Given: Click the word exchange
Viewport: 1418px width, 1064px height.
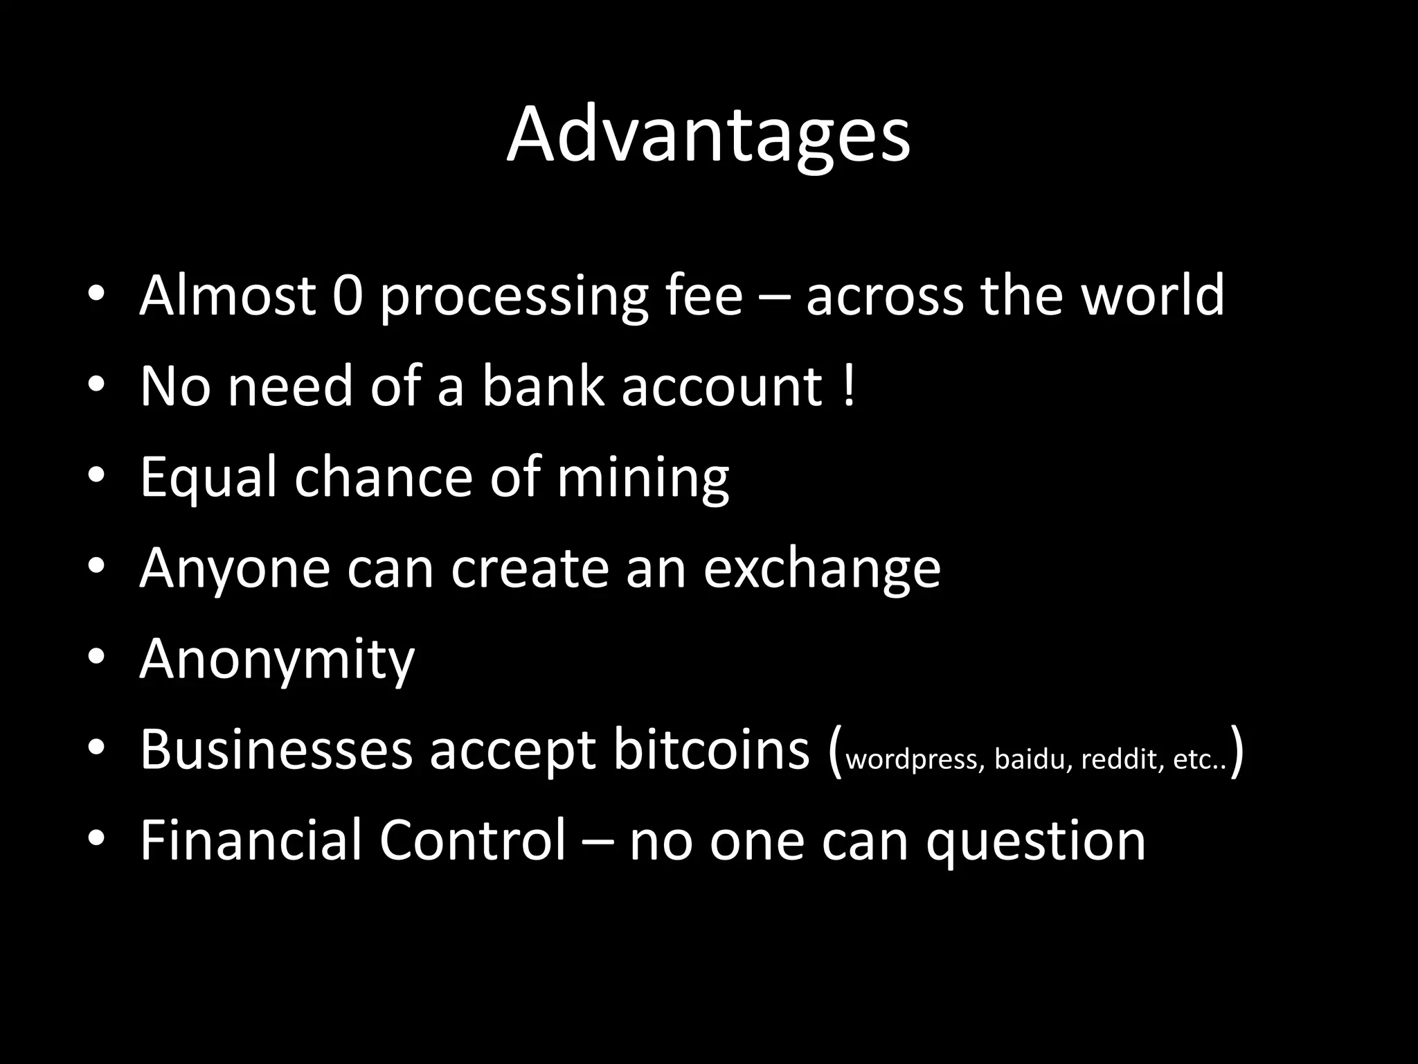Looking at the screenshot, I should (822, 569).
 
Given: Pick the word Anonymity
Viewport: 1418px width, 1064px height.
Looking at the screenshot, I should (276, 659).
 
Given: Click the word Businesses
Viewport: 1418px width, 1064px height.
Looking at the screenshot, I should (276, 750).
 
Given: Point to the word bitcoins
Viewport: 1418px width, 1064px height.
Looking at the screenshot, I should (710, 750).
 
